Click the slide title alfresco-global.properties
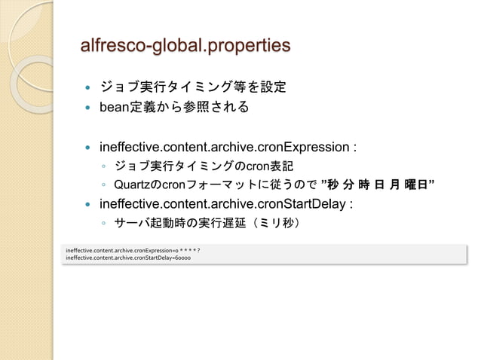coord(185,46)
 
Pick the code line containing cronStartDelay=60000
coord(128,258)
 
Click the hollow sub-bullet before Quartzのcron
coord(103,185)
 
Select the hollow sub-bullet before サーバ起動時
coord(103,224)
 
